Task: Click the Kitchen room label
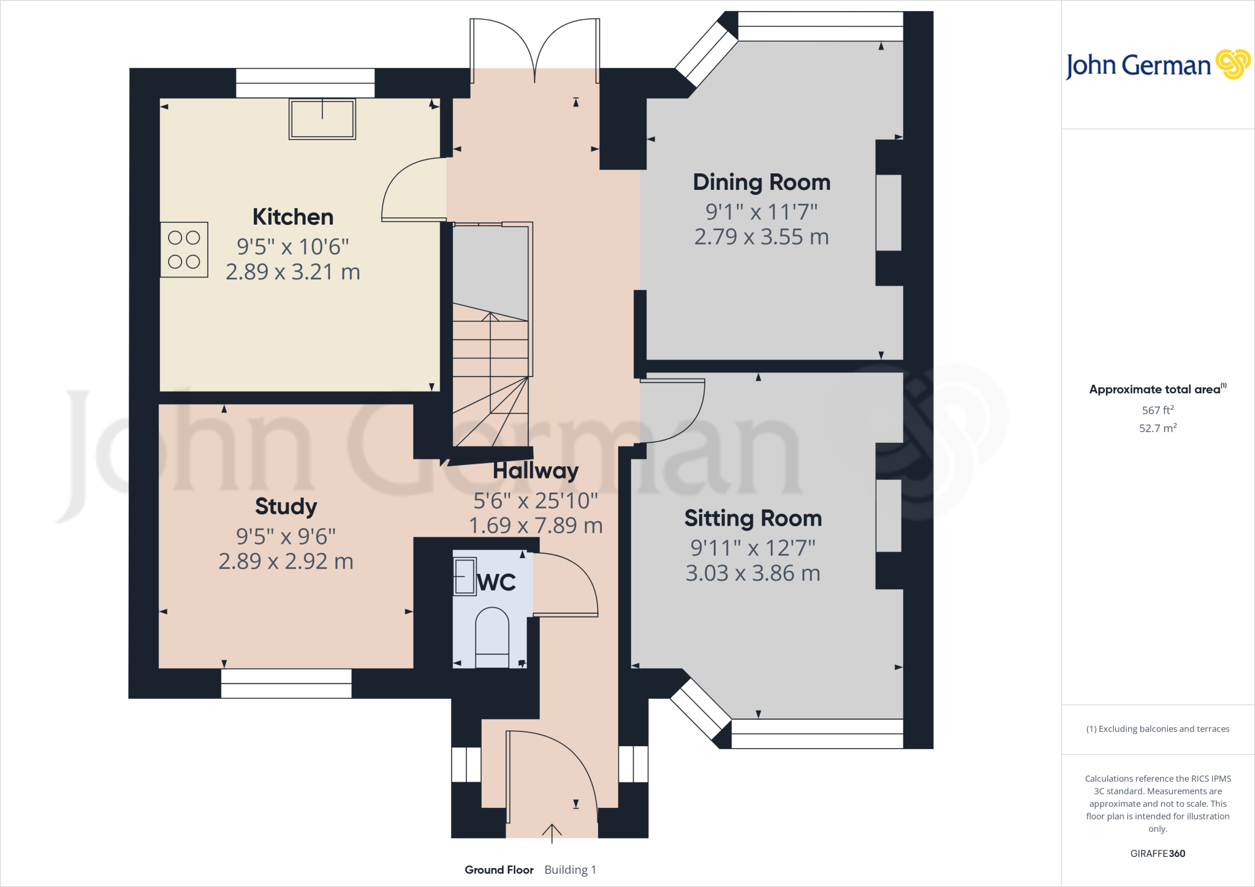(x=293, y=217)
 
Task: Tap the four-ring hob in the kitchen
(x=184, y=250)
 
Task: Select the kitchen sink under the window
(x=322, y=119)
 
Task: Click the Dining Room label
(x=761, y=182)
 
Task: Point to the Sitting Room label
(x=753, y=518)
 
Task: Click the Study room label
(x=286, y=506)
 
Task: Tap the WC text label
(x=496, y=582)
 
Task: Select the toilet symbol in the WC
(x=492, y=637)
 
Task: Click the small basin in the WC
(x=464, y=576)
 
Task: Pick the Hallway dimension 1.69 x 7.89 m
(x=536, y=526)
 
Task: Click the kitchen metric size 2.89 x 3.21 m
(x=293, y=272)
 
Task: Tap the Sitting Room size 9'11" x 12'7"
(x=753, y=548)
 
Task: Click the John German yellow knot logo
(x=1232, y=64)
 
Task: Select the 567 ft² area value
(x=1158, y=410)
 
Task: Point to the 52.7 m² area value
(x=1158, y=428)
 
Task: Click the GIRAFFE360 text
(x=1158, y=853)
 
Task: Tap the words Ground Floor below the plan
(x=499, y=870)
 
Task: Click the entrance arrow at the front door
(x=552, y=833)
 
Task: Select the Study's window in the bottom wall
(x=286, y=683)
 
